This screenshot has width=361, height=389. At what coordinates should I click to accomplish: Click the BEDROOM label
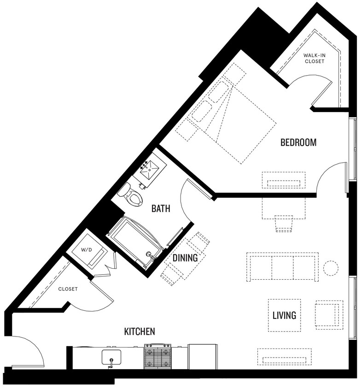pyautogui.click(x=298, y=142)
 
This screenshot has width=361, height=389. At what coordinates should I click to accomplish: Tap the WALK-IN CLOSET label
pyautogui.click(x=314, y=58)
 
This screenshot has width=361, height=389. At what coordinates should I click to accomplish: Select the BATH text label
pyautogui.click(x=161, y=209)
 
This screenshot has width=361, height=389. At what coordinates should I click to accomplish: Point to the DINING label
pyautogui.click(x=186, y=258)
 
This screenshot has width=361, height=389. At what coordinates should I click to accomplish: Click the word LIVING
pyautogui.click(x=284, y=316)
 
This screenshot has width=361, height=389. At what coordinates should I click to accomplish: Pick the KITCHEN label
pyautogui.click(x=139, y=331)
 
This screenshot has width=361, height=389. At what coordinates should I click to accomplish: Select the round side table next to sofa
pyautogui.click(x=331, y=268)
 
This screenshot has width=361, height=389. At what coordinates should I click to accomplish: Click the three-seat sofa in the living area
pyautogui.click(x=282, y=267)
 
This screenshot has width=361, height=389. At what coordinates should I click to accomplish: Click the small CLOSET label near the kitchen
pyautogui.click(x=68, y=289)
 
